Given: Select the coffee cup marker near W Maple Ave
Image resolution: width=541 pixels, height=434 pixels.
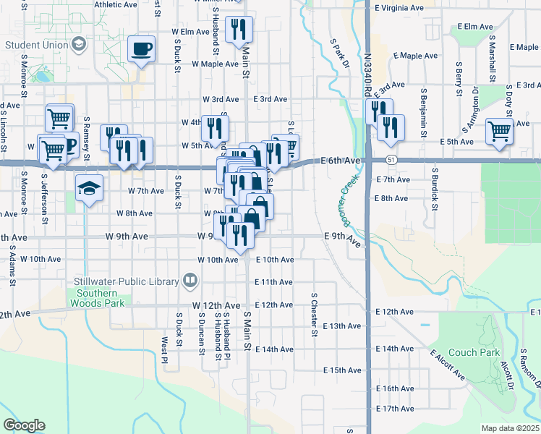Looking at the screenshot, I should (x=142, y=49).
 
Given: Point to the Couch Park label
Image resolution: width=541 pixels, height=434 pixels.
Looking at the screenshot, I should (x=474, y=353).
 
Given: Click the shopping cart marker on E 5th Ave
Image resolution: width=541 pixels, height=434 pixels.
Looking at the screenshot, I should (x=499, y=132).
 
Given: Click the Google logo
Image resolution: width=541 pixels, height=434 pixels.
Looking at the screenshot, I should (x=24, y=425).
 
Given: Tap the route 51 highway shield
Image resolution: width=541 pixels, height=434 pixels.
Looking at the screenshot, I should (x=391, y=158).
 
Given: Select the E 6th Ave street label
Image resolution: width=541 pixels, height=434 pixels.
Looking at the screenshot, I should (x=340, y=160).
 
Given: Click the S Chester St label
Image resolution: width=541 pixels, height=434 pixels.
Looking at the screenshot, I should (x=315, y=315).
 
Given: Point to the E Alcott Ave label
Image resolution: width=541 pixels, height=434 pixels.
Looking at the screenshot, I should (x=448, y=365).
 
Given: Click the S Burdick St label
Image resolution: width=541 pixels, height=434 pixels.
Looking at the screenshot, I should (x=435, y=190).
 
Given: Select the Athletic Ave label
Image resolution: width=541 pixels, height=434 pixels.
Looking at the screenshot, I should (x=116, y=4).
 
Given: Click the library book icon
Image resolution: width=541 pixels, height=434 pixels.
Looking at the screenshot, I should (x=190, y=278).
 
